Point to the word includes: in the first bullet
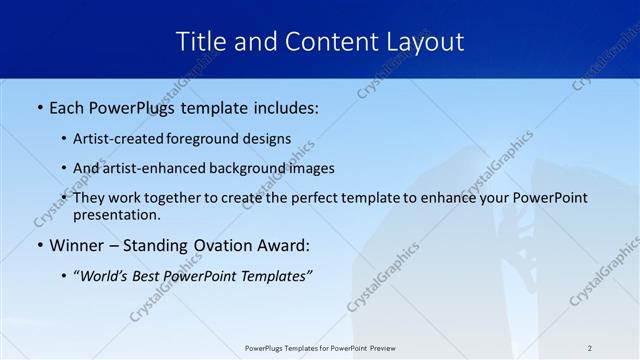[283, 107]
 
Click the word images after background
[311, 168]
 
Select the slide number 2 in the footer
[590, 348]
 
